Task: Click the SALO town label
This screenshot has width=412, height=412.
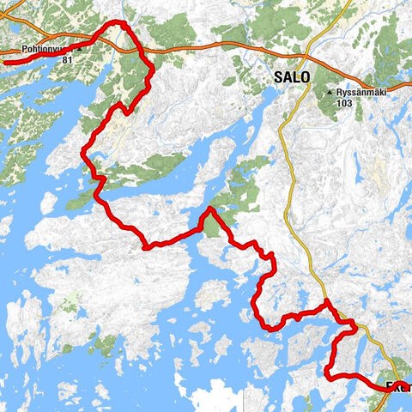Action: click(292, 76)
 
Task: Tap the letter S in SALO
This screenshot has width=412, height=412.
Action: click(279, 76)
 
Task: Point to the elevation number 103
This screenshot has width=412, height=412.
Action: click(345, 103)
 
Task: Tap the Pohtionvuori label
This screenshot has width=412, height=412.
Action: click(36, 49)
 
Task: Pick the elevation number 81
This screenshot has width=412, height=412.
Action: click(67, 60)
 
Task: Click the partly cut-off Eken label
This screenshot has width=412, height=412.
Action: click(398, 386)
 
